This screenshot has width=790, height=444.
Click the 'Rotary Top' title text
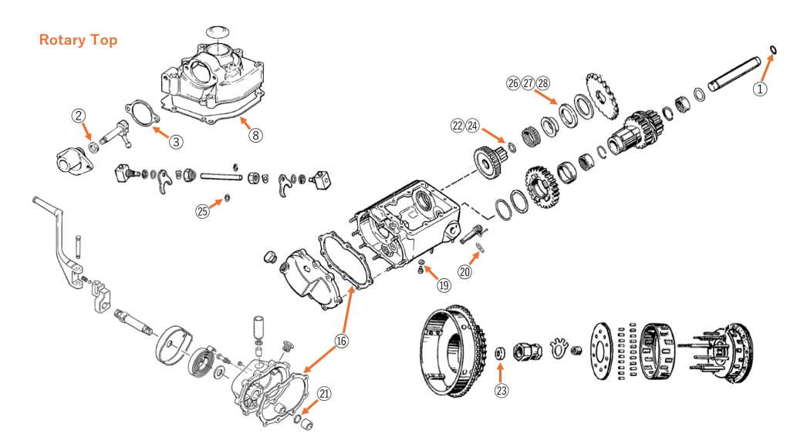tap(78, 40)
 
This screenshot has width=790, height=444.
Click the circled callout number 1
tap(761, 89)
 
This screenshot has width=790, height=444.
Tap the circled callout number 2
tap(78, 116)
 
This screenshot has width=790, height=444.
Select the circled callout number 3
tap(177, 141)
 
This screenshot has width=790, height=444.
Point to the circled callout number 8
tap(255, 135)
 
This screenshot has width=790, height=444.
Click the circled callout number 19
tap(444, 285)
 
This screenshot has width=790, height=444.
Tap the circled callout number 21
tap(325, 393)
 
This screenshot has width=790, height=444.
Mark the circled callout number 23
tap(502, 390)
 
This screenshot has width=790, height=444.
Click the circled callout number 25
tap(202, 211)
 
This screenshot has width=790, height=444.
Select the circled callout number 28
tap(543, 83)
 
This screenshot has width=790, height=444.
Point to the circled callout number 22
tap(457, 125)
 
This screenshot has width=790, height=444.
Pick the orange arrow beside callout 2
tap(88, 132)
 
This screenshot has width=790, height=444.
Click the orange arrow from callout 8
tap(245, 123)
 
